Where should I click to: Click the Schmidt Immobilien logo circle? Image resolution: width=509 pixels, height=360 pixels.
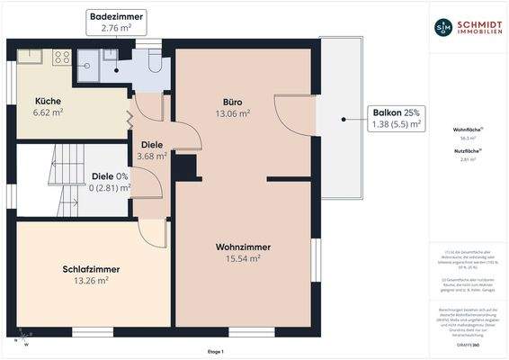coord(443,27)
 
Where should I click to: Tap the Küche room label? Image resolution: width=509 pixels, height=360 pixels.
coord(49,101)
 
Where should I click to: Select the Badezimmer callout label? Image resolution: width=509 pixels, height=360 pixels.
coord(115,22)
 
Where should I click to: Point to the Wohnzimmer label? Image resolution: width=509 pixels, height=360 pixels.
coord(243,247)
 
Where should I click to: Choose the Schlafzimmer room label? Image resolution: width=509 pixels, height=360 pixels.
coord(91,268)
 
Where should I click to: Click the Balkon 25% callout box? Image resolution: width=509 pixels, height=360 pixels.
coord(397,118)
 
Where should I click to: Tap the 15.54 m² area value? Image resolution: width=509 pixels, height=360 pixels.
coord(243,258)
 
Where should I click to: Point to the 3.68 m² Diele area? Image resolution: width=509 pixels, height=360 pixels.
coord(151,156)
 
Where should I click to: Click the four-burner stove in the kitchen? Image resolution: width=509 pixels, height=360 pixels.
coord(62,58)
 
